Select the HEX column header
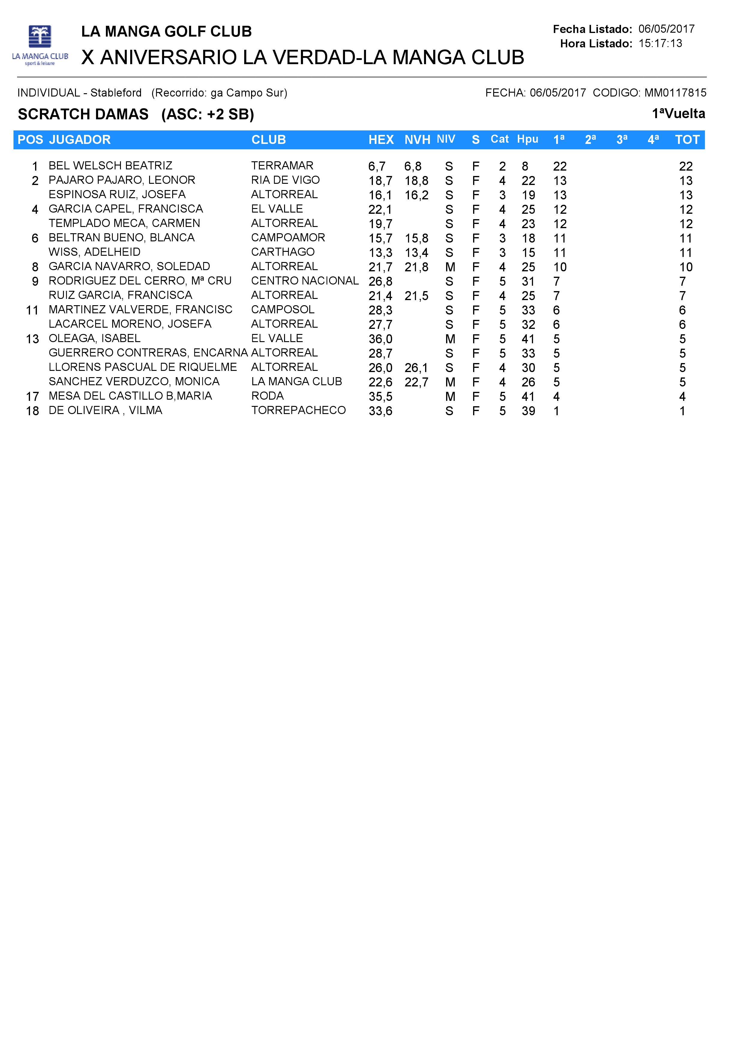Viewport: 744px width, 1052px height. (381, 140)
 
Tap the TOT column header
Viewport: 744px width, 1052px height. (687, 140)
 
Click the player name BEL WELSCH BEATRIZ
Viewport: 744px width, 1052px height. (110, 165)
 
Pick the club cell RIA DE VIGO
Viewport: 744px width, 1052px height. (285, 180)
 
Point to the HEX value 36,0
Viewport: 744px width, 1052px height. (380, 339)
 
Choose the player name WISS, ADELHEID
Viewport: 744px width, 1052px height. (94, 252)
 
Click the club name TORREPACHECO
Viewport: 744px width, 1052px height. (298, 410)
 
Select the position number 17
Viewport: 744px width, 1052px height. (32, 397)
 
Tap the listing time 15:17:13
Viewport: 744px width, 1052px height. (660, 43)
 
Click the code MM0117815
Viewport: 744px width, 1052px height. (675, 93)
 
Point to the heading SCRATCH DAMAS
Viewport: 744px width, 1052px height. (83, 114)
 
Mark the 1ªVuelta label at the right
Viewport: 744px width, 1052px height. (678, 114)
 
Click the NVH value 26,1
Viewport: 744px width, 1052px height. (416, 368)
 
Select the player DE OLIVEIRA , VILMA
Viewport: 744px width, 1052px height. (105, 410)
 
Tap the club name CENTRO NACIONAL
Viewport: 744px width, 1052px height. (304, 281)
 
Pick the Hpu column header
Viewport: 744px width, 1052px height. (528, 139)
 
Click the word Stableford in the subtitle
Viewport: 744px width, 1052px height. (116, 93)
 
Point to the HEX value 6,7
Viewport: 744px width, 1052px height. (377, 166)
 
